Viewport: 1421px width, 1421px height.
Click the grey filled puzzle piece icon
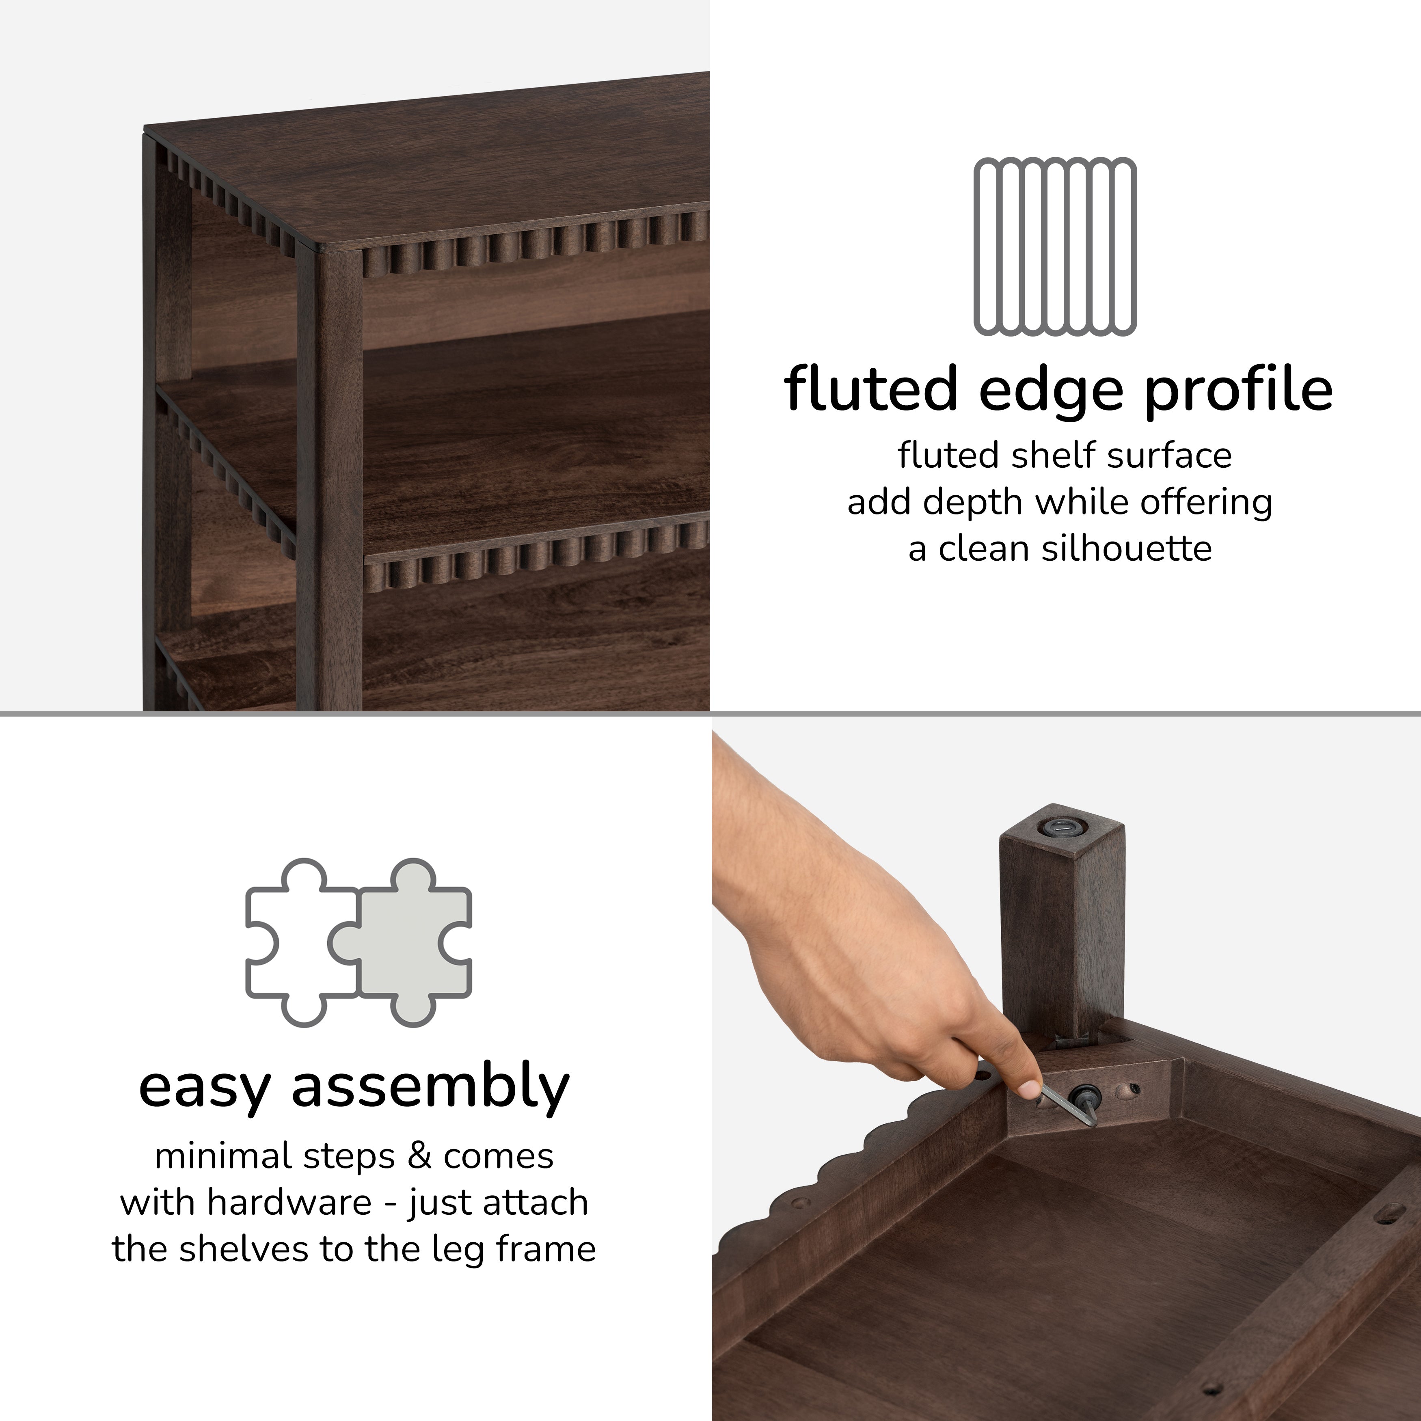click(x=404, y=942)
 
